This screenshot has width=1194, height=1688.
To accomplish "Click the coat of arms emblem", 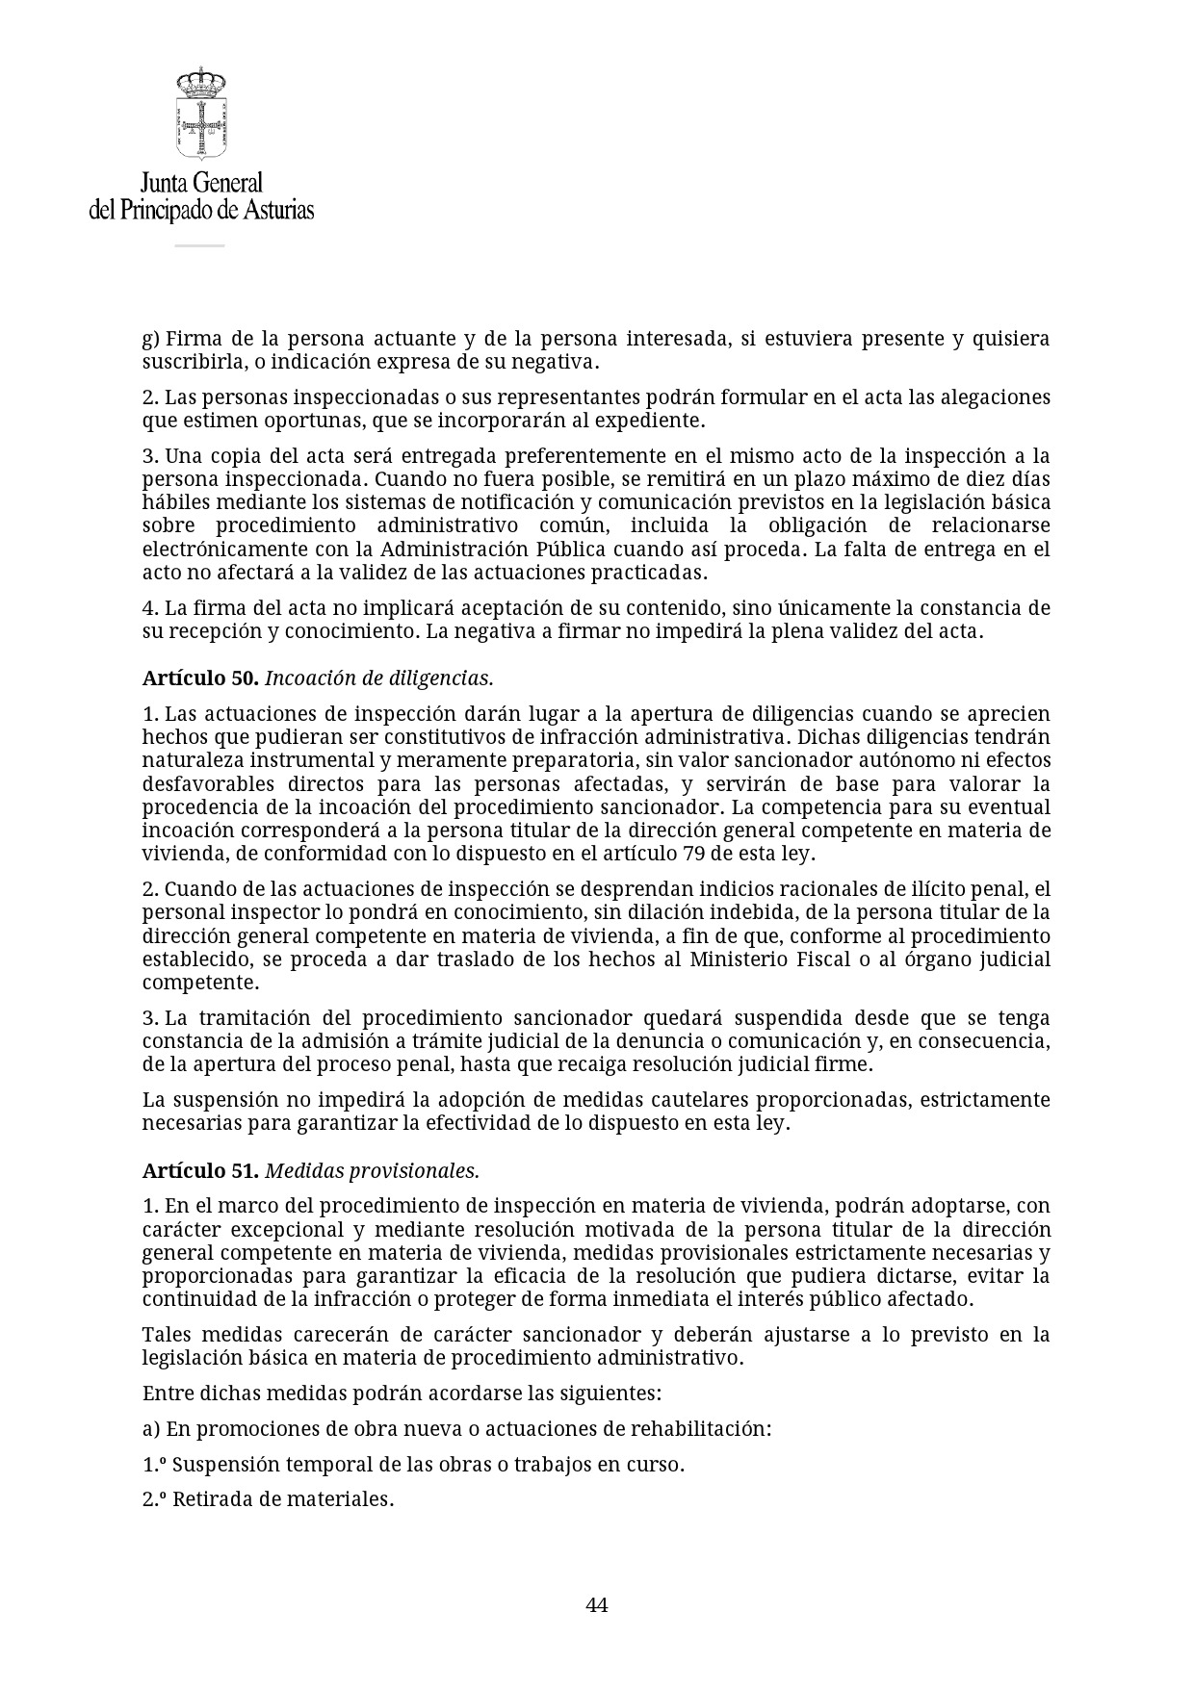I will [x=200, y=114].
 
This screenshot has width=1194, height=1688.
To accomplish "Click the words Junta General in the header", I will [x=201, y=183].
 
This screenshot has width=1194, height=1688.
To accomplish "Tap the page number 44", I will [x=596, y=1604].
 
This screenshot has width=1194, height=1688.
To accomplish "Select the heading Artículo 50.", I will [x=200, y=678].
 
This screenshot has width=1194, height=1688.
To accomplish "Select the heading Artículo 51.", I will [x=200, y=1170].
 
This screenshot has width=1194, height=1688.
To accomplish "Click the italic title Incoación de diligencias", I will [x=378, y=678].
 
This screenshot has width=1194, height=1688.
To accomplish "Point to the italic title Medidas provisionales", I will [x=372, y=1170].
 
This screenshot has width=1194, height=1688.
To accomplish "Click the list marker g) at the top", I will [x=150, y=339].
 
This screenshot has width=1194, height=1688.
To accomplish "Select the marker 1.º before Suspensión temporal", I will [x=154, y=1464].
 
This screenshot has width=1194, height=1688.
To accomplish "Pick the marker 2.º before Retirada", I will [x=154, y=1498].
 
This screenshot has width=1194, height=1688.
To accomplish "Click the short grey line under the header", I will [x=199, y=245].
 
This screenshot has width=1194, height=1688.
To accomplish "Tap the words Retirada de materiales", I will [x=283, y=1498].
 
